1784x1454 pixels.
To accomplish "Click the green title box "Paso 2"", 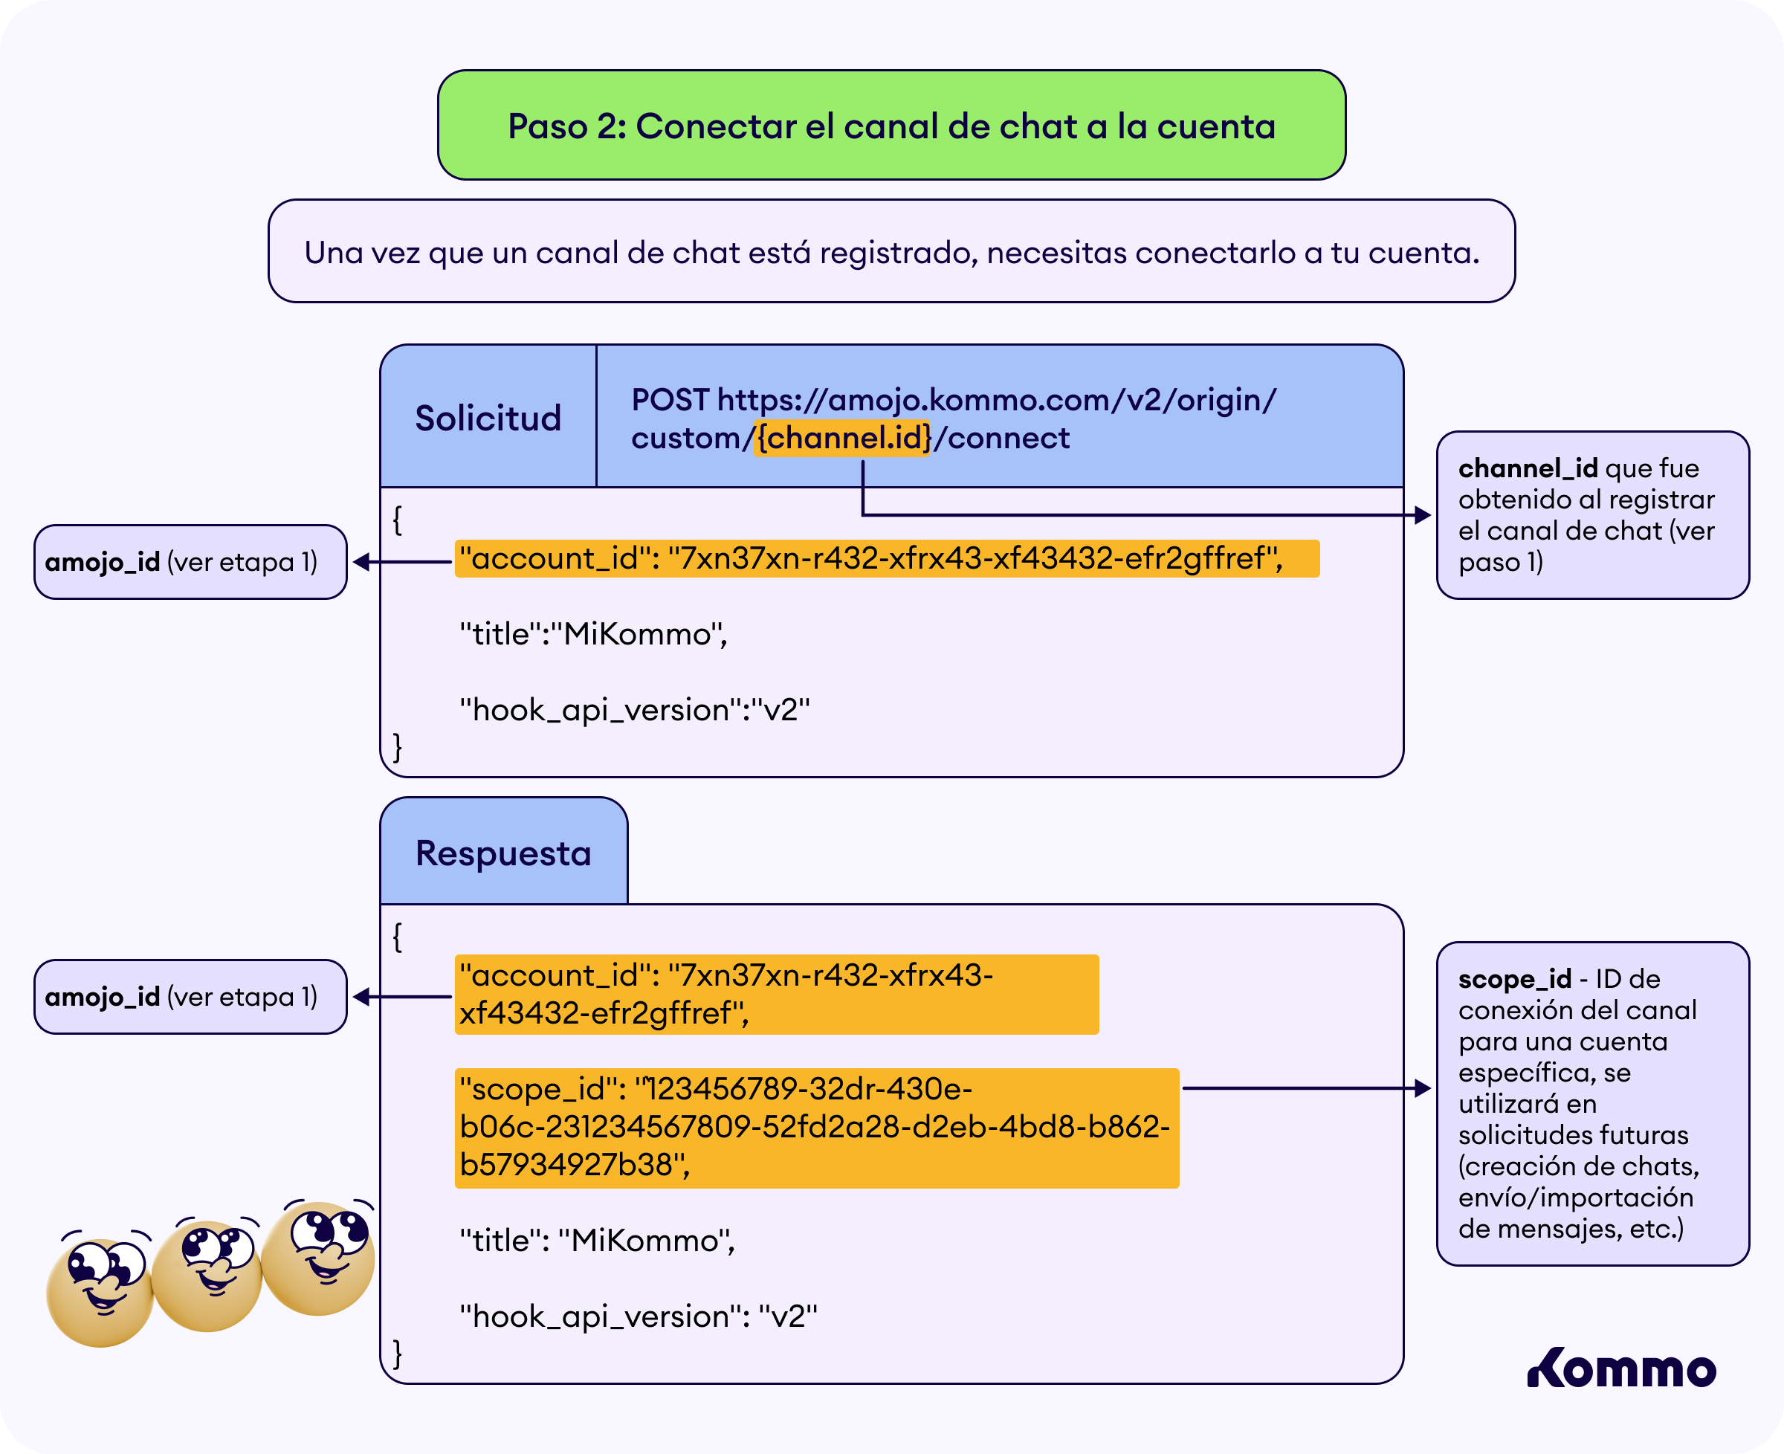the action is pyautogui.click(x=891, y=125).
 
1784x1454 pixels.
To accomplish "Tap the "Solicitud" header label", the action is pyautogui.click(x=488, y=418).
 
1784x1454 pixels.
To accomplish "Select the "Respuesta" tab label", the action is pyautogui.click(x=503, y=853).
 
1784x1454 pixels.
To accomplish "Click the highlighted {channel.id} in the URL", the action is pyautogui.click(x=841, y=438).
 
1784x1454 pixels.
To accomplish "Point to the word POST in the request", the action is pyautogui.click(x=670, y=401).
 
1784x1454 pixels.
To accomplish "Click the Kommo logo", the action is pyautogui.click(x=1621, y=1368).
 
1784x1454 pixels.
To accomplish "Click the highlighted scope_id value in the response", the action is pyautogui.click(x=817, y=1128).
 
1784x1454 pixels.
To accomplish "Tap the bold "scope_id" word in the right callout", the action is pyautogui.click(x=1514, y=979).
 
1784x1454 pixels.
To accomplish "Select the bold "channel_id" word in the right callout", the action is pyautogui.click(x=1528, y=468).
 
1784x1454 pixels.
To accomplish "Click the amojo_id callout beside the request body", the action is pyautogui.click(x=190, y=562).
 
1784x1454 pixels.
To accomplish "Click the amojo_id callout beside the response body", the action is pyautogui.click(x=190, y=997).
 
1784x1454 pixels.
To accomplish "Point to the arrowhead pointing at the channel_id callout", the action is pyautogui.click(x=1423, y=515).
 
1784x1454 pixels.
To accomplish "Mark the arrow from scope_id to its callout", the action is pyautogui.click(x=1307, y=1088).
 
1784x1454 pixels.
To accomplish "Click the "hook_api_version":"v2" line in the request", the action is pyautogui.click(x=635, y=710).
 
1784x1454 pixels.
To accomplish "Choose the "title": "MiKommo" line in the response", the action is pyautogui.click(x=597, y=1241).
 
